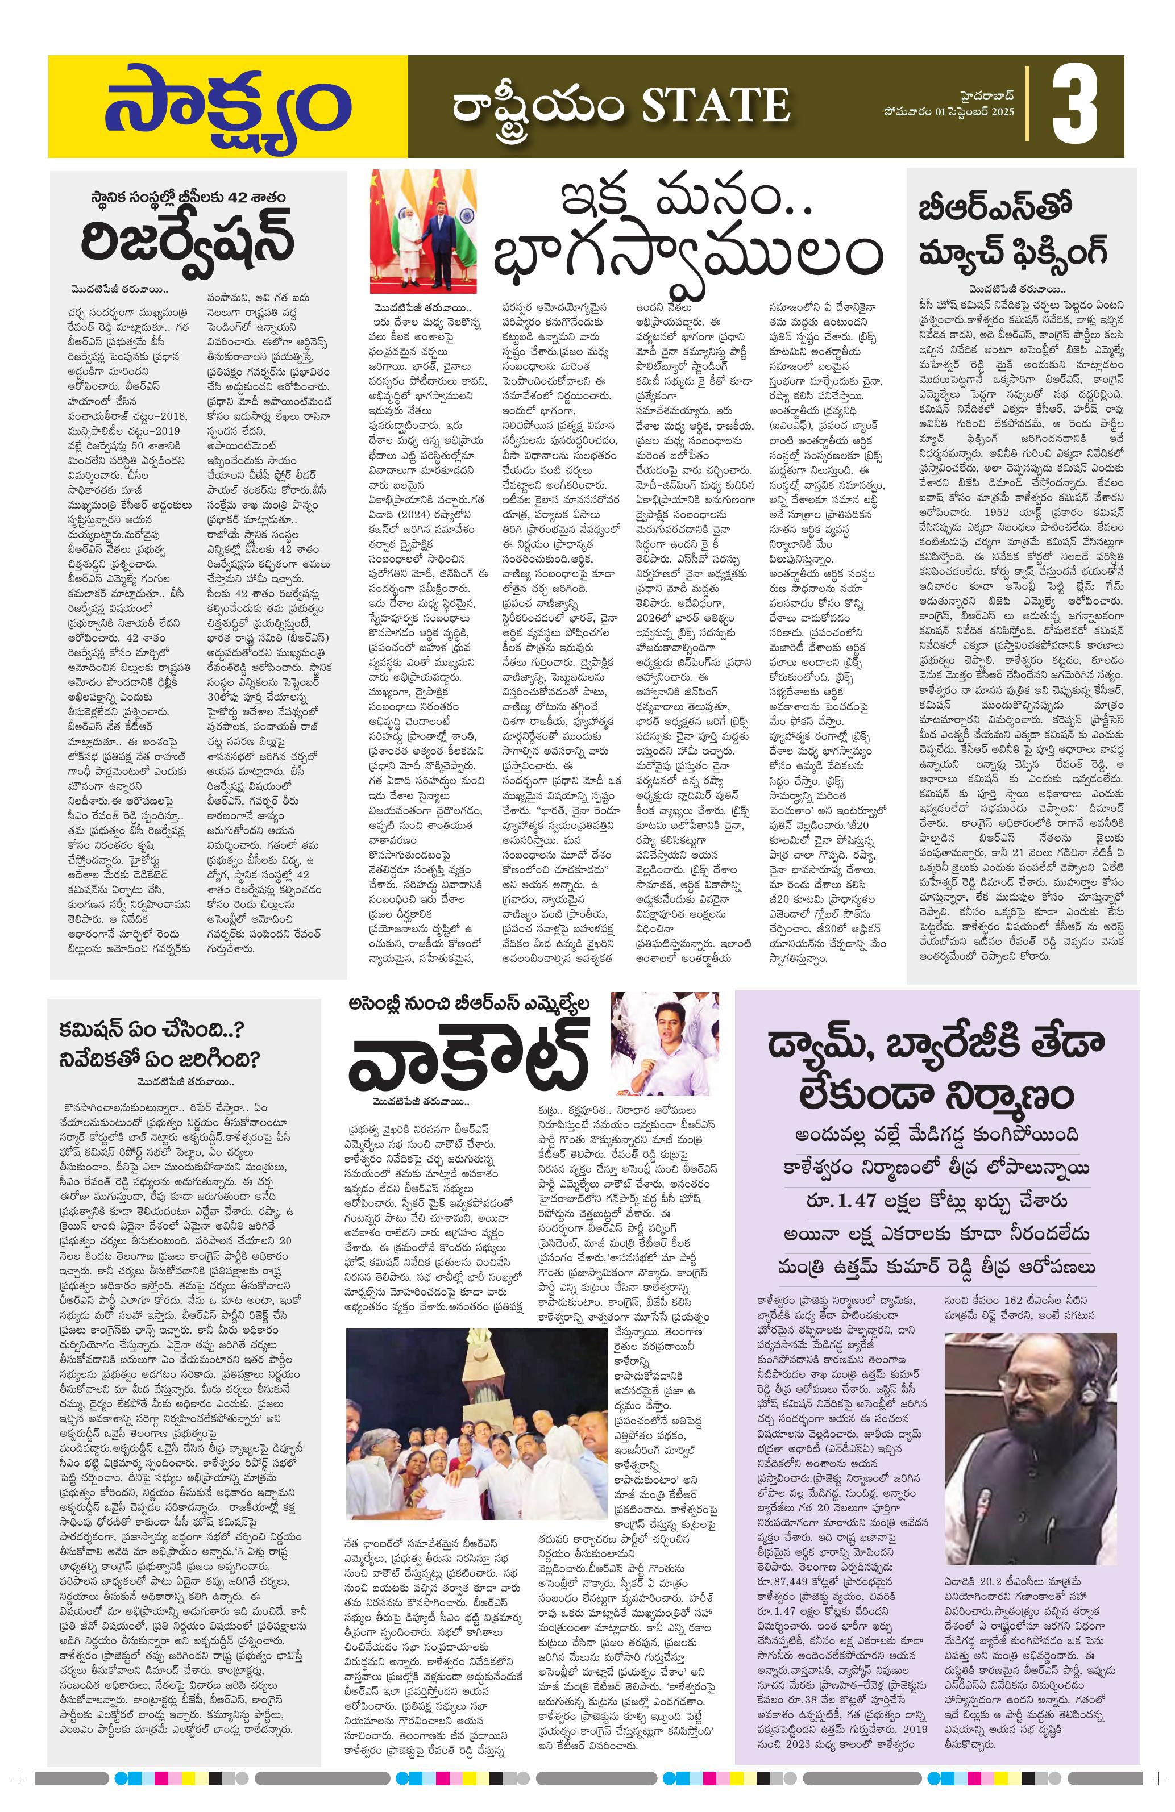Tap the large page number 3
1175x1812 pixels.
[x=1076, y=107]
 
